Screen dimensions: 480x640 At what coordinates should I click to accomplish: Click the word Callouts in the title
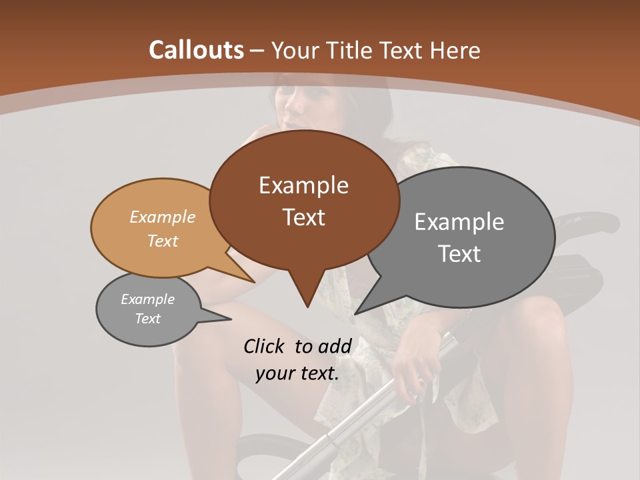[x=196, y=50]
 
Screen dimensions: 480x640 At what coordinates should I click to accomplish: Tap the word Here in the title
[x=454, y=50]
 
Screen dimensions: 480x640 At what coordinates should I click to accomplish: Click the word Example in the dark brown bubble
[x=303, y=185]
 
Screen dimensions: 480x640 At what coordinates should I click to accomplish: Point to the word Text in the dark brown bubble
[x=303, y=217]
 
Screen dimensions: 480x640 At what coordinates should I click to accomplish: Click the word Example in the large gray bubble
[x=459, y=222]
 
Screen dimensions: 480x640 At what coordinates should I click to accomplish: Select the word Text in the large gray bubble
[x=459, y=254]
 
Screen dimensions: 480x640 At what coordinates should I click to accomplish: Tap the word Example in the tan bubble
[x=162, y=217]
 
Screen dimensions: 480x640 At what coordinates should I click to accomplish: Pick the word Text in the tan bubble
[x=162, y=241]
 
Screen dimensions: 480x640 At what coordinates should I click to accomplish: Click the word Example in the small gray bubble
[x=147, y=299]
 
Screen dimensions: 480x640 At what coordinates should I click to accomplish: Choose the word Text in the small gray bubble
[x=147, y=319]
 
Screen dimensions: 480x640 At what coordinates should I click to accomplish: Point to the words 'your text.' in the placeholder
[x=297, y=374]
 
